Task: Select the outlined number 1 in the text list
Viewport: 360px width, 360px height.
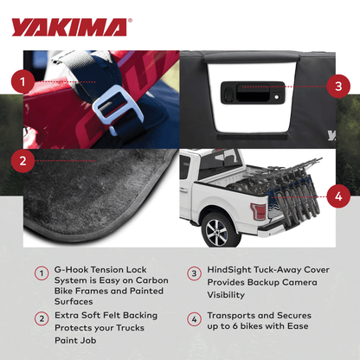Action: point(41,273)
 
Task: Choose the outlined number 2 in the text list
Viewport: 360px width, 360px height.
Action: point(41,318)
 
